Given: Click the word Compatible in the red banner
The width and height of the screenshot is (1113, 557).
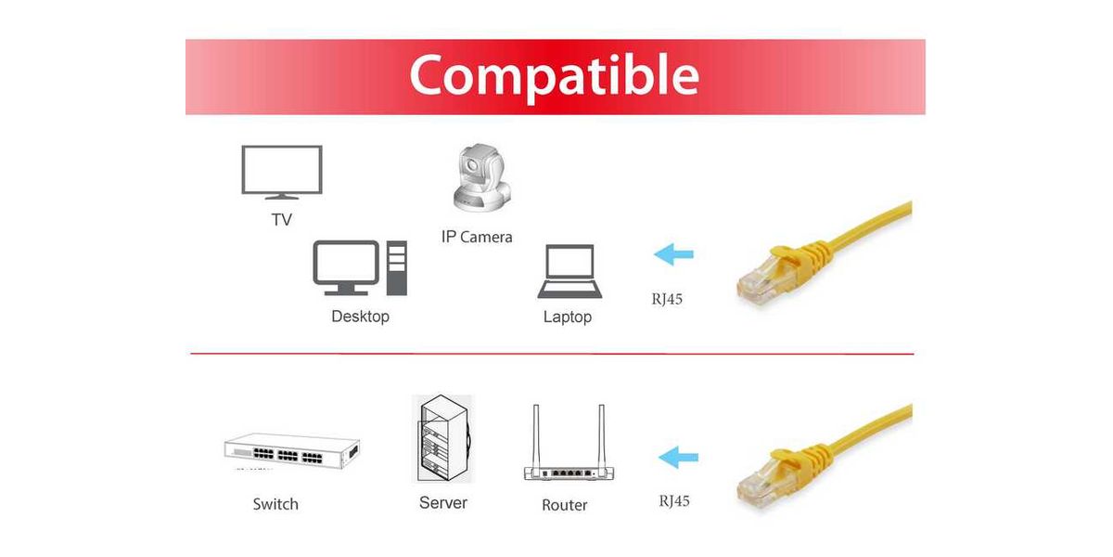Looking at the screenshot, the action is click(x=554, y=76).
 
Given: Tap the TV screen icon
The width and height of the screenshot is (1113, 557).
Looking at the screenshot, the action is click(x=282, y=172).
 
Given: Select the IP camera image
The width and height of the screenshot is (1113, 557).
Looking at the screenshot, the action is click(x=481, y=177).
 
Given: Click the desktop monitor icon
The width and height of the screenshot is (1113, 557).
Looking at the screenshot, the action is click(x=346, y=267).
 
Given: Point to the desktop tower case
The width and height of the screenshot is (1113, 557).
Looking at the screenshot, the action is click(x=397, y=268).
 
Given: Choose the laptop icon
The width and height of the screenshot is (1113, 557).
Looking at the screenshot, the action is click(x=569, y=271).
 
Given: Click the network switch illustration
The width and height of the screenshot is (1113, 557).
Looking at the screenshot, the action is click(x=292, y=450).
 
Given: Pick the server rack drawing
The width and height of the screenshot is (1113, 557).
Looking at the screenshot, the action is click(x=442, y=438).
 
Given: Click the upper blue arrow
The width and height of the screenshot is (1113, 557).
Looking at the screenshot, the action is click(x=673, y=254).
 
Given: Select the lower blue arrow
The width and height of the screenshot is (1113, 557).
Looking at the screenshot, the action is click(x=678, y=457).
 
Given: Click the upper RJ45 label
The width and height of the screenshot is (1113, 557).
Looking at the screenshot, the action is click(x=667, y=299).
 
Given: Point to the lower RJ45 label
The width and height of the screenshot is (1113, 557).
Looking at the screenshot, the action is click(x=674, y=500).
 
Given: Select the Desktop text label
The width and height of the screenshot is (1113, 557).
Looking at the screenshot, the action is click(x=360, y=317).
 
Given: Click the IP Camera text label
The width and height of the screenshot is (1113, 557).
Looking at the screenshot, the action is click(x=477, y=237).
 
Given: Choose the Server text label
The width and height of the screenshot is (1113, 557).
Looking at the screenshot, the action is click(x=443, y=503).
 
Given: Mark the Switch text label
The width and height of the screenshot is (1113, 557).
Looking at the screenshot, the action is click(x=275, y=504).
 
